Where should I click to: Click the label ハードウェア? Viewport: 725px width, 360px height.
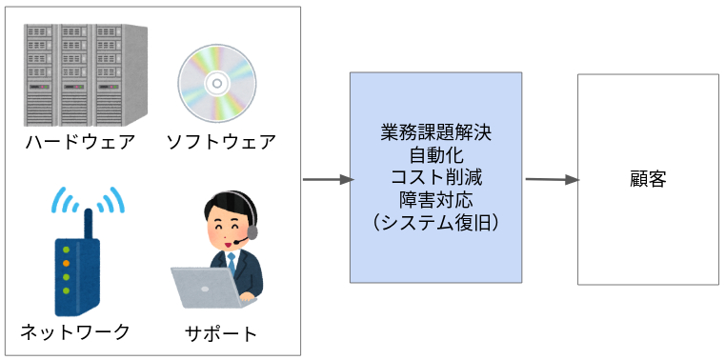pos(80,143)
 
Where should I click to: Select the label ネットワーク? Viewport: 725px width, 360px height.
pos(75,332)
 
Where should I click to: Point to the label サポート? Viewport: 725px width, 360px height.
pos(222,333)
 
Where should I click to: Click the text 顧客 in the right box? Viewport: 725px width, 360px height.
pos(648,179)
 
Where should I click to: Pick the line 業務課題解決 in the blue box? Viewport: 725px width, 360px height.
pos(435,132)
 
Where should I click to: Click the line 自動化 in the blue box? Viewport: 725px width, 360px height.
pos(435,154)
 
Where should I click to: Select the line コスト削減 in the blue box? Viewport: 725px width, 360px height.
pos(435,177)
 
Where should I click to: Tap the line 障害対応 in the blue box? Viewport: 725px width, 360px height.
pos(435,199)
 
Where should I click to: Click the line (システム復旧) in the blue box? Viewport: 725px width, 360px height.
pos(435,222)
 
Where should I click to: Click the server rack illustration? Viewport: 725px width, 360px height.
pos(87,72)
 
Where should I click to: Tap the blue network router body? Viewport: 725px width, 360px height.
pos(76,276)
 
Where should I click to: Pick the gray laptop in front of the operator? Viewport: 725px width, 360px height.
pos(204,289)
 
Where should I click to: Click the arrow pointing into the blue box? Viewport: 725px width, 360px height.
pos(326,179)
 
